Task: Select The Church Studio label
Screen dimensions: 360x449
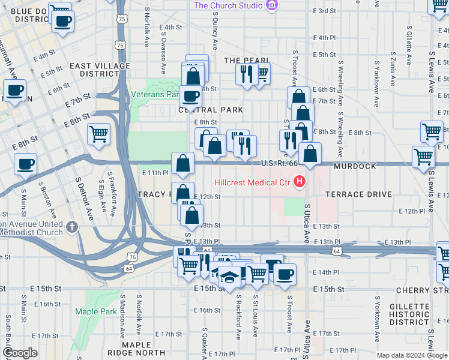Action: [x=228, y=5]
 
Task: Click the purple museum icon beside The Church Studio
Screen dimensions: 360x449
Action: [x=272, y=5]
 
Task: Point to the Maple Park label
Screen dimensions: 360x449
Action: [x=96, y=311]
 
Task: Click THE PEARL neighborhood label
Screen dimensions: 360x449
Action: [x=246, y=61]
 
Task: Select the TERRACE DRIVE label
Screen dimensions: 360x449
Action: [x=359, y=195]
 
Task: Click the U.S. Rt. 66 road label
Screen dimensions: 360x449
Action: [x=279, y=163]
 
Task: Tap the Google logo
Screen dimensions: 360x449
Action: [x=20, y=353]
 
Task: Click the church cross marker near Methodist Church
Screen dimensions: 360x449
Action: [x=73, y=227]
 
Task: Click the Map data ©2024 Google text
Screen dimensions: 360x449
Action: [x=412, y=355]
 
